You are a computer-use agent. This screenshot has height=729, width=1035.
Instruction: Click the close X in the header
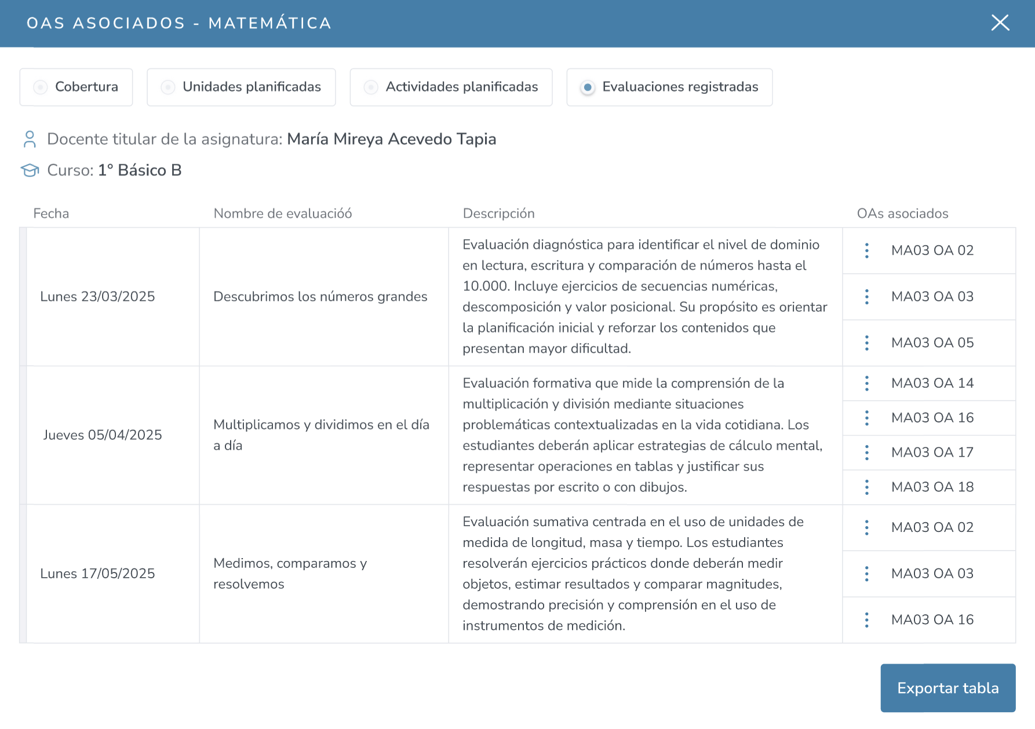(x=1000, y=23)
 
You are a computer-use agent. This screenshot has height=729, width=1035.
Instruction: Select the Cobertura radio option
(x=41, y=88)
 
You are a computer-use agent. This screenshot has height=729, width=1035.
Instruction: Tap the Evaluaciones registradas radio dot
(x=588, y=88)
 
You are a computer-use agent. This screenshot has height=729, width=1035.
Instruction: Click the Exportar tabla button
(x=947, y=688)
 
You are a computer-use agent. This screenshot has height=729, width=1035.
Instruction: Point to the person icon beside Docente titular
(x=30, y=139)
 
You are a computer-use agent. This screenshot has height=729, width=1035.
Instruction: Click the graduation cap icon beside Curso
(x=30, y=170)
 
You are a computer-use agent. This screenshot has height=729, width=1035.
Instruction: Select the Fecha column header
(x=51, y=214)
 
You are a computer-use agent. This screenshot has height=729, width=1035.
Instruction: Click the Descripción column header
(x=498, y=214)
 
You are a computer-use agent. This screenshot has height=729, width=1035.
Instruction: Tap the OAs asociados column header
(x=902, y=214)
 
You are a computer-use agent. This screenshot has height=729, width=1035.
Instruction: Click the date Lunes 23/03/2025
(x=97, y=297)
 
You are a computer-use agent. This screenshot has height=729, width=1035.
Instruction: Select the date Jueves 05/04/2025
(x=103, y=435)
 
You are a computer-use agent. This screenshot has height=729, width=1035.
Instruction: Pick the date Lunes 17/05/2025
(x=97, y=574)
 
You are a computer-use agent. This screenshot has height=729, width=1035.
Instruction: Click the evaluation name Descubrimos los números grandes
(x=320, y=297)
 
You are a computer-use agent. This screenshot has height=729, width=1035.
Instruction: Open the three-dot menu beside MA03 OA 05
(x=866, y=343)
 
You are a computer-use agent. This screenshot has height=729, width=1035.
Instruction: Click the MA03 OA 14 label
(x=932, y=383)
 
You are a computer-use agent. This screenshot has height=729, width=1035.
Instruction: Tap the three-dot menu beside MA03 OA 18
(x=866, y=487)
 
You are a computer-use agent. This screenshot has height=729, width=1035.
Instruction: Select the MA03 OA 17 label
(x=932, y=453)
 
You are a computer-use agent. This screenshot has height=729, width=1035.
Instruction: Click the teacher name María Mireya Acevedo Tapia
(x=391, y=139)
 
